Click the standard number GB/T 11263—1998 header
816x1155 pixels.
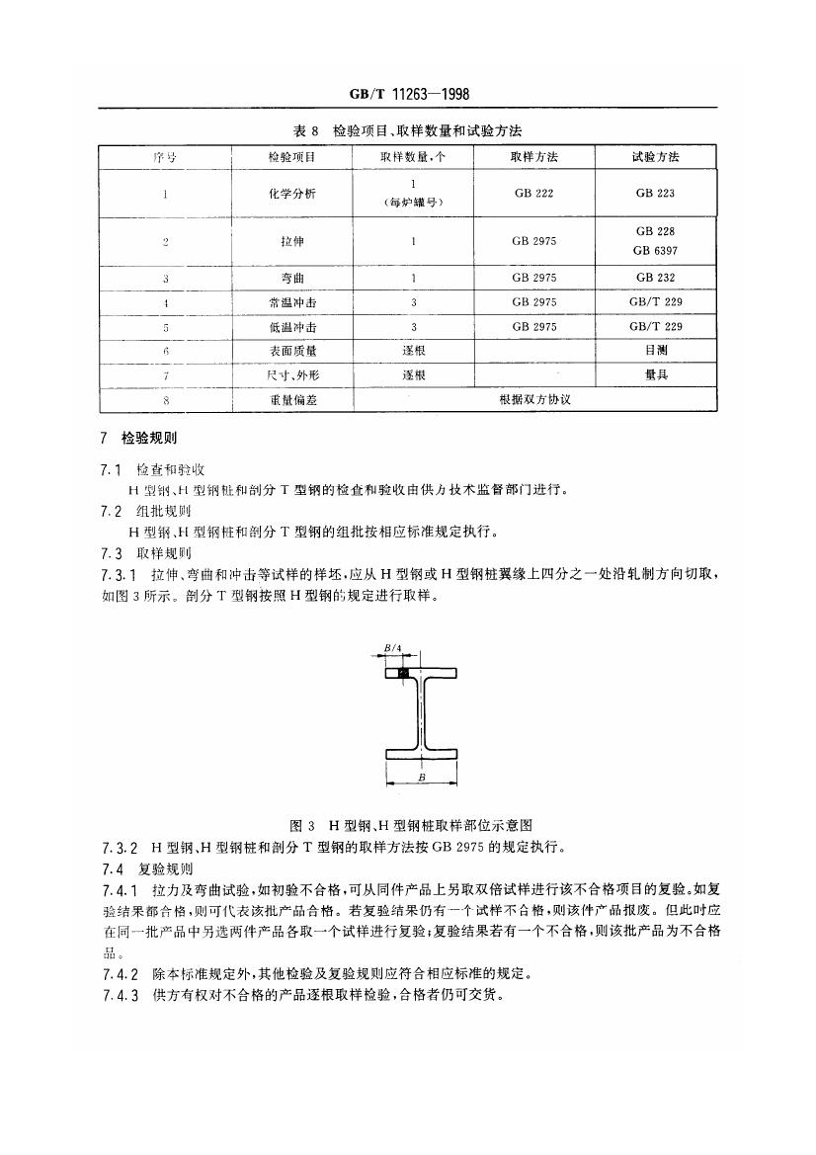coord(408,94)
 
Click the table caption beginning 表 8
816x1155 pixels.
coord(408,130)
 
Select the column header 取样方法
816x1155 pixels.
coord(533,157)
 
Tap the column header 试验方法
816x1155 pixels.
coord(656,157)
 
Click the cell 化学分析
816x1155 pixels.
coord(291,194)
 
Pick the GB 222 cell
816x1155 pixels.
coord(533,194)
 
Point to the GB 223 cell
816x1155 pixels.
coord(656,194)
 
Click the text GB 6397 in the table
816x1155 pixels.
coord(656,251)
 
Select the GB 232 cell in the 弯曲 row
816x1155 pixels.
coord(656,278)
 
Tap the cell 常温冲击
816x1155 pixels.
coord(291,302)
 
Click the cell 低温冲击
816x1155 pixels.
coord(291,326)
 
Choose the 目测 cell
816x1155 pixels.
coord(656,351)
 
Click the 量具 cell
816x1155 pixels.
coord(656,375)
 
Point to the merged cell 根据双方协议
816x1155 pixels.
coord(535,400)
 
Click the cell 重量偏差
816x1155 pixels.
coord(291,400)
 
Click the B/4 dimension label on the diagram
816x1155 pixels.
coord(392,648)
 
